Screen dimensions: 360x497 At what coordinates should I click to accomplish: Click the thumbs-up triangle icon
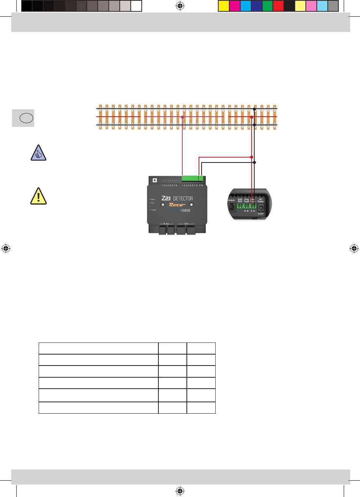[38, 153]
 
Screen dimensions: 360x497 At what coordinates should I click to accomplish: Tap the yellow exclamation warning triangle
[38, 196]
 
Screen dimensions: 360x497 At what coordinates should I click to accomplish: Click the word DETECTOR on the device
[183, 198]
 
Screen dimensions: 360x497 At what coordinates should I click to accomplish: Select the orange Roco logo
[177, 205]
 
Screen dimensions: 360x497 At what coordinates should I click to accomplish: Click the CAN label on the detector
[186, 223]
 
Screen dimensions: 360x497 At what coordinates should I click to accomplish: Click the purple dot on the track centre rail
[183, 117]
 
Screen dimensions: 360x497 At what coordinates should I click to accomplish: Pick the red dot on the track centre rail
[251, 117]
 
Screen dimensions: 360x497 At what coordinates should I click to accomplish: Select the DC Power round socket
[261, 207]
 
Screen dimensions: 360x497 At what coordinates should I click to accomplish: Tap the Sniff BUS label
[240, 200]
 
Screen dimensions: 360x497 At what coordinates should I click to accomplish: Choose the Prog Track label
[246, 200]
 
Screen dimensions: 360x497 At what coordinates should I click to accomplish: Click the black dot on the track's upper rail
[254, 109]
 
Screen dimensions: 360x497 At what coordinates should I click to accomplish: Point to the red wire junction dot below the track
[251, 156]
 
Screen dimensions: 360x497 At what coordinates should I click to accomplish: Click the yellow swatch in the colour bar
[224, 6]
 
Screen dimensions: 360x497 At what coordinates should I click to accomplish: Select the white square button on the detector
[154, 180]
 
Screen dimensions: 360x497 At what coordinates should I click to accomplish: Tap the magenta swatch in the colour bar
[235, 6]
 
